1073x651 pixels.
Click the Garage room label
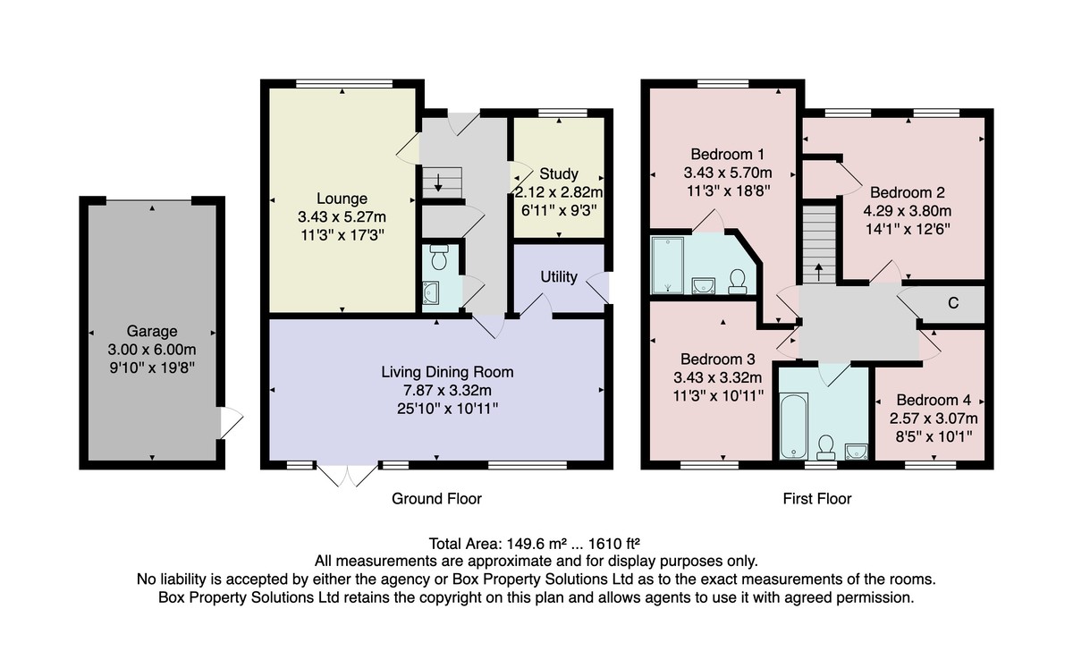pos(152,331)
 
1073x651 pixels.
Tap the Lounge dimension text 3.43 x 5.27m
pos(342,217)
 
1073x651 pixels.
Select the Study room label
pos(559,173)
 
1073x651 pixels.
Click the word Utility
pos(559,277)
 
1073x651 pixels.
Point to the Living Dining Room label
pos(447,372)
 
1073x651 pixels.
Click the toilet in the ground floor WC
pos(439,257)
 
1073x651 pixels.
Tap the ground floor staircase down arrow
pos(438,182)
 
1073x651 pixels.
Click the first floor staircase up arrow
pos(819,272)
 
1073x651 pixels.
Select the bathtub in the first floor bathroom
pos(793,426)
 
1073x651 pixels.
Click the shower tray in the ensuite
pos(667,265)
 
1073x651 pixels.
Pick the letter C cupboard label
pos(953,303)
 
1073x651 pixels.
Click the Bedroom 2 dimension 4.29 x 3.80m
pos(908,211)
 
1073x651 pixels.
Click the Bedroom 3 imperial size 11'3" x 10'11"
pos(717,395)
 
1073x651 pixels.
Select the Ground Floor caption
pos(436,499)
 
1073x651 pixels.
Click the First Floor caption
pos(817,499)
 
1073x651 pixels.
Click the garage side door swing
pos(232,422)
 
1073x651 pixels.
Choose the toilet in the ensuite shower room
pos(738,281)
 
